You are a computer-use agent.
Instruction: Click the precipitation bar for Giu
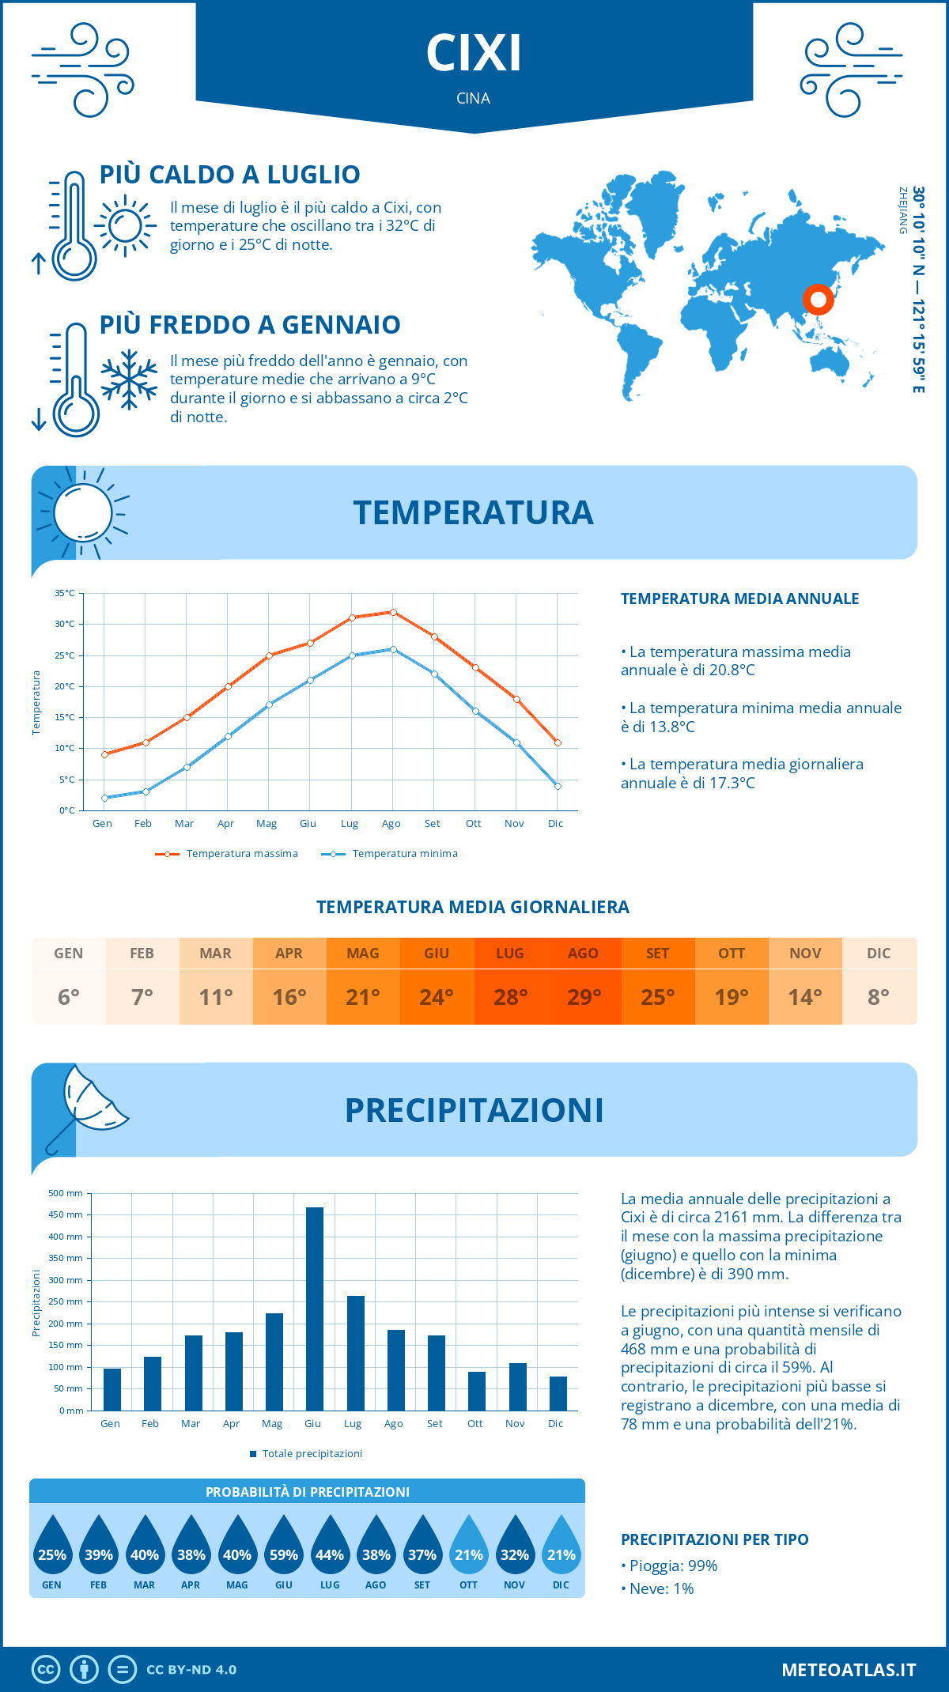tap(314, 1309)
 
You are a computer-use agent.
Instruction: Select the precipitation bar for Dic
tap(558, 1393)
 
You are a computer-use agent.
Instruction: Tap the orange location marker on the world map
tap(818, 299)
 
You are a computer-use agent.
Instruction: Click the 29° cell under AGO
tap(584, 997)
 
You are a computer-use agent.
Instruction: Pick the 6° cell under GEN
tap(69, 997)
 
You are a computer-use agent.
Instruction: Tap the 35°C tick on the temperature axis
tap(65, 593)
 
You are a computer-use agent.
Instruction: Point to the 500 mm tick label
tap(66, 1193)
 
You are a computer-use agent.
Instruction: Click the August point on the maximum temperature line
tap(393, 612)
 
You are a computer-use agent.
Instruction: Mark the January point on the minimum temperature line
tap(104, 798)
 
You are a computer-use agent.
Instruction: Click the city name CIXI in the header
tap(474, 54)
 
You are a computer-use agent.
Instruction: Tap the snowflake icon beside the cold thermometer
tap(129, 380)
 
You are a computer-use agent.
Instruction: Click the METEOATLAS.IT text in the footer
tap(848, 1670)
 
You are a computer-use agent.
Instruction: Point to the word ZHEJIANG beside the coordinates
tap(902, 210)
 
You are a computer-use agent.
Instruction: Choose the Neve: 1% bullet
tap(658, 1588)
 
